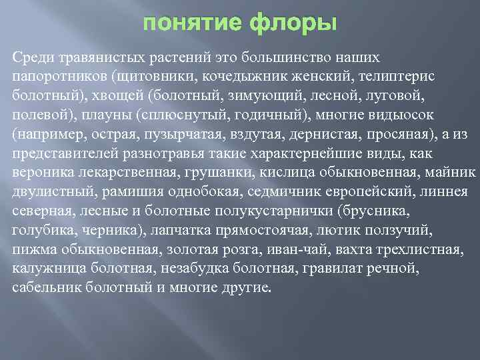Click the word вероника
39,172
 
